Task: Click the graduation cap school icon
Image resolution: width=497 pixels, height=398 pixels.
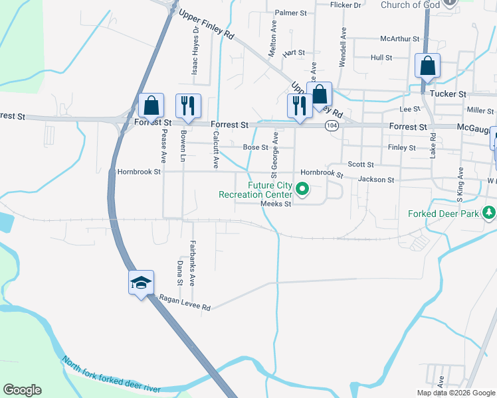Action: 141,283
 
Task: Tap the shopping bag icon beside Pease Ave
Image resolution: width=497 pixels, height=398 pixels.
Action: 151,105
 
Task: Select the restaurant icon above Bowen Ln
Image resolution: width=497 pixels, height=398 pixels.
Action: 188,105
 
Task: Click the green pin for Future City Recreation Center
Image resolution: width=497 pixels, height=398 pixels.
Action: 302,190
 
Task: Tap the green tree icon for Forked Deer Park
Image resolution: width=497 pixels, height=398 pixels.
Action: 489,213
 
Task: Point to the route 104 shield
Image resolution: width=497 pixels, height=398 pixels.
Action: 332,125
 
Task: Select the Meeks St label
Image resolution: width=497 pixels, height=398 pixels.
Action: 276,204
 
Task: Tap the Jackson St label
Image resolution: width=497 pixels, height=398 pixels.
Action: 376,180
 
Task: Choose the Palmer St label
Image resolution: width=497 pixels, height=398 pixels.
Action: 290,13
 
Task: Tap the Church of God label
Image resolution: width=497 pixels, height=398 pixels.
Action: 410,5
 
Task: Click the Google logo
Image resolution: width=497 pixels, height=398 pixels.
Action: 22,390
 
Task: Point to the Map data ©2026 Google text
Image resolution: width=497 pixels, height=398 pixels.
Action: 454,393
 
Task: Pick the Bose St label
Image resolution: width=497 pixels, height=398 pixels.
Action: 255,147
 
